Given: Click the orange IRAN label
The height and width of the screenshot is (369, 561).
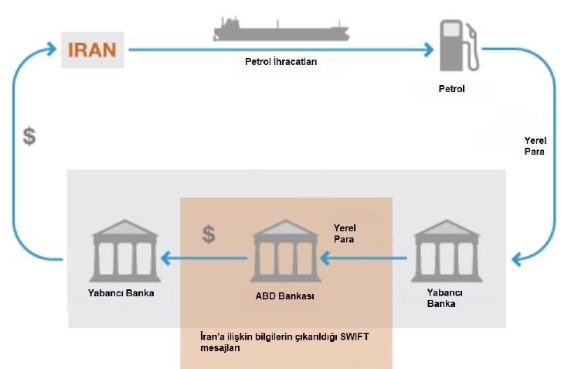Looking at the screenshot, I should pyautogui.click(x=91, y=50).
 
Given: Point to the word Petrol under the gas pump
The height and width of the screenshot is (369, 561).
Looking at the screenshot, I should pyautogui.click(x=451, y=89).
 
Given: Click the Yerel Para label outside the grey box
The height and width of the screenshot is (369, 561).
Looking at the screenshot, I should pyautogui.click(x=535, y=146).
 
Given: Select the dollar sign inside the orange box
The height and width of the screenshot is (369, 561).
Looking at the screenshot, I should pyautogui.click(x=208, y=234).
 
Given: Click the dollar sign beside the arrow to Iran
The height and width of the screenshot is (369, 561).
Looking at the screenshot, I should pyautogui.click(x=29, y=138).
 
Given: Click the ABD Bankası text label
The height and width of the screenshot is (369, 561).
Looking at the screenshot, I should pyautogui.click(x=285, y=296).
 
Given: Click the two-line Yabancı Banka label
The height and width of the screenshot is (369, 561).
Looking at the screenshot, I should pyautogui.click(x=446, y=299).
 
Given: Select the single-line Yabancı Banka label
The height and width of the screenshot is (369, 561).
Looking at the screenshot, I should pyautogui.click(x=121, y=294).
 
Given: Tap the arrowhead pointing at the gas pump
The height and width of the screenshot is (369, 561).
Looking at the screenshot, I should pyautogui.click(x=427, y=51).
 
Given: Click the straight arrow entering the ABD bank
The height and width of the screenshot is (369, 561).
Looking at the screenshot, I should pyautogui.click(x=363, y=258).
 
